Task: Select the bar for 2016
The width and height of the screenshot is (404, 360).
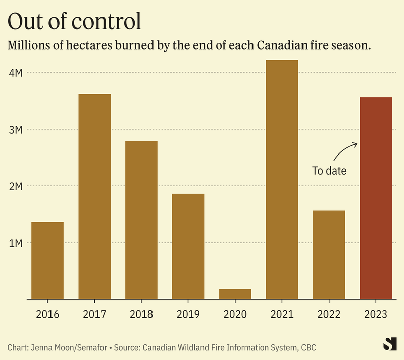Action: pos(47,260)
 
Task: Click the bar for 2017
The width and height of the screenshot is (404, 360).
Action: pos(94,196)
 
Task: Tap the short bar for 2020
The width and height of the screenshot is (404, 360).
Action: pos(235,294)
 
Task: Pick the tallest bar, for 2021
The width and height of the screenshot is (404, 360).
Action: pos(282,179)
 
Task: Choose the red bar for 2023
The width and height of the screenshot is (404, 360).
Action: pos(376,198)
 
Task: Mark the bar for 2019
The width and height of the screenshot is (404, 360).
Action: pos(188,246)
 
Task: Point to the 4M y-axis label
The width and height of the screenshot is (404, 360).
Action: pos(16,73)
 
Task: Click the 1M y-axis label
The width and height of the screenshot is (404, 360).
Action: pos(16,243)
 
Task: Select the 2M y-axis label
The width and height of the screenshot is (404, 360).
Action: pos(16,186)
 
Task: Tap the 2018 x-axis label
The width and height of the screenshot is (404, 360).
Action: pos(141,314)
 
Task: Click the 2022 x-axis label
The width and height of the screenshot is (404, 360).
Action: pos(329,314)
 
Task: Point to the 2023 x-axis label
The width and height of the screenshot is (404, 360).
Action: pos(376,314)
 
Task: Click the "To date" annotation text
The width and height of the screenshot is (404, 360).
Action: pos(329,171)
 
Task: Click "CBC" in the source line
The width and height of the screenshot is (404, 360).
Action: pos(309,347)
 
